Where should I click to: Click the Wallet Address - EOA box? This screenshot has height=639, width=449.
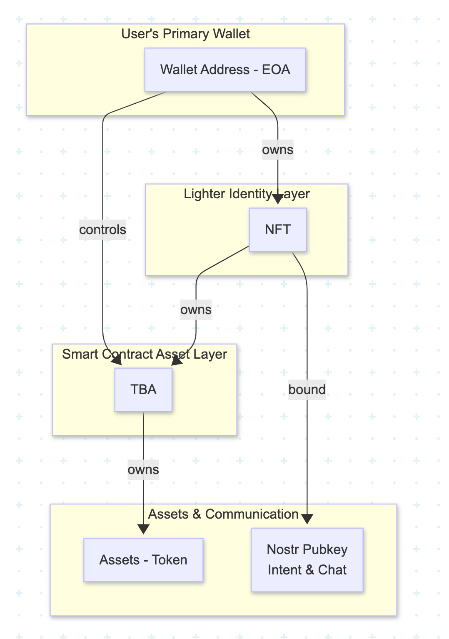[225, 70]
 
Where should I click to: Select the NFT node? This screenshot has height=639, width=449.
[277, 230]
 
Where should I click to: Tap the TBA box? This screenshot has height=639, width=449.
[143, 389]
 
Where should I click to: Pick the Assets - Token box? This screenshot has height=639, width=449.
[143, 559]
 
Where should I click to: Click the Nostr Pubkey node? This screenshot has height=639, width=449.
[307, 549]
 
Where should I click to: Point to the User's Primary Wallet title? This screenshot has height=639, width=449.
[185, 34]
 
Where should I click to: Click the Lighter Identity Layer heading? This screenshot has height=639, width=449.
[247, 194]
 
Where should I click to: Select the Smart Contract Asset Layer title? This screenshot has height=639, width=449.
[144, 354]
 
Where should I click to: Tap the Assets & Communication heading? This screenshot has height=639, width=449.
[223, 514]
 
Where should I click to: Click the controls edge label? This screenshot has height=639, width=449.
[102, 230]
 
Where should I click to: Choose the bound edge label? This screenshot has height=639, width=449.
[307, 389]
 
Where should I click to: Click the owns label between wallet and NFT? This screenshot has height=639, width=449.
[277, 150]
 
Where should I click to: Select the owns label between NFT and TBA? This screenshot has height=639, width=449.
[196, 310]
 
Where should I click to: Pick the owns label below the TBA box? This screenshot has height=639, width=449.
[143, 469]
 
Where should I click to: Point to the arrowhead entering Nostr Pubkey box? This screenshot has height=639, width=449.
[307, 519]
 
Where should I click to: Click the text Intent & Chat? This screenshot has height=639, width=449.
[307, 569]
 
